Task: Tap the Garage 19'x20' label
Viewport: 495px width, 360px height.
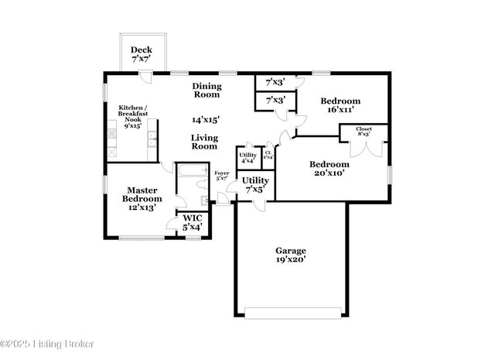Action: coord(292,255)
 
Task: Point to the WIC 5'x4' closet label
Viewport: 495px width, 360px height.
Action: coord(192,224)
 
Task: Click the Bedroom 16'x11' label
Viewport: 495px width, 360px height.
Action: coord(340,106)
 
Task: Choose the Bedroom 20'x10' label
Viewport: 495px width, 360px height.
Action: coord(329,169)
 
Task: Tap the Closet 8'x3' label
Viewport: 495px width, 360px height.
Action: coord(364,132)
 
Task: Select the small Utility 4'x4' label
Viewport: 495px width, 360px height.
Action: coord(247,158)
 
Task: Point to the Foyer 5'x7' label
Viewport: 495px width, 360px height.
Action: coord(221,176)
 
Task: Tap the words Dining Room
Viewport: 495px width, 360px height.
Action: coord(207,91)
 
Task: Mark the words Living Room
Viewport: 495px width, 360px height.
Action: coord(204,142)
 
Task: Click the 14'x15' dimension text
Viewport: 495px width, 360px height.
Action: coord(206,119)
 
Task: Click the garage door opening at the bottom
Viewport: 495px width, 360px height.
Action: coord(292,314)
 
